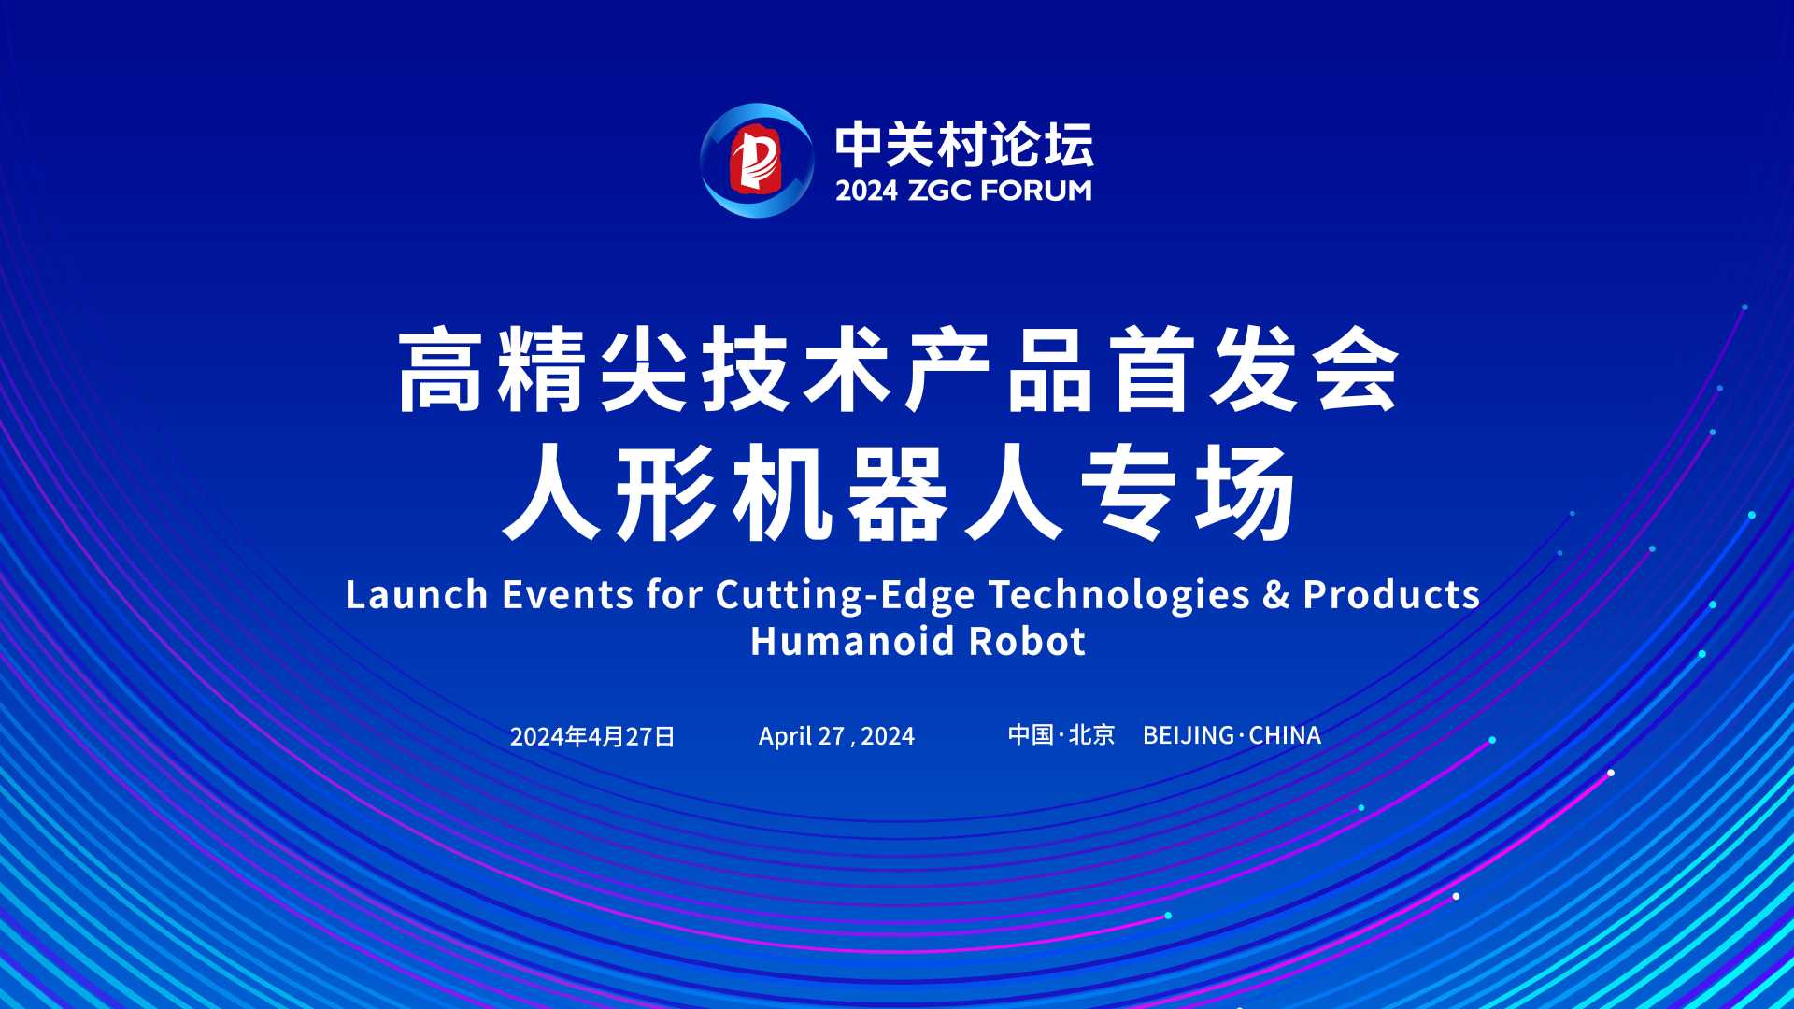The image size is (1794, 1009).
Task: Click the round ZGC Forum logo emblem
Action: [x=757, y=161]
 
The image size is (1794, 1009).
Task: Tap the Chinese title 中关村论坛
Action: [x=963, y=144]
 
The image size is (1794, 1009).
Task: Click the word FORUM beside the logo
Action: [x=1036, y=191]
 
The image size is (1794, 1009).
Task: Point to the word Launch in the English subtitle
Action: [x=417, y=595]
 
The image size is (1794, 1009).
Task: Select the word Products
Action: [x=1391, y=595]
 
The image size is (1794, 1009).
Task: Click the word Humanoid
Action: [x=854, y=642]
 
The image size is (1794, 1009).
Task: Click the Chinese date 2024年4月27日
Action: [x=592, y=736]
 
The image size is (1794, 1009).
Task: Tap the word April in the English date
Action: [x=785, y=737]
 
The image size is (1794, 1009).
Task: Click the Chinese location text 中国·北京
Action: [x=1061, y=735]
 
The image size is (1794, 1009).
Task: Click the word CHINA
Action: [x=1285, y=735]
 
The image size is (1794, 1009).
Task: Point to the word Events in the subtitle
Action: [x=567, y=595]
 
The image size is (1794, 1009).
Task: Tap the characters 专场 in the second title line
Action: [x=1189, y=493]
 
